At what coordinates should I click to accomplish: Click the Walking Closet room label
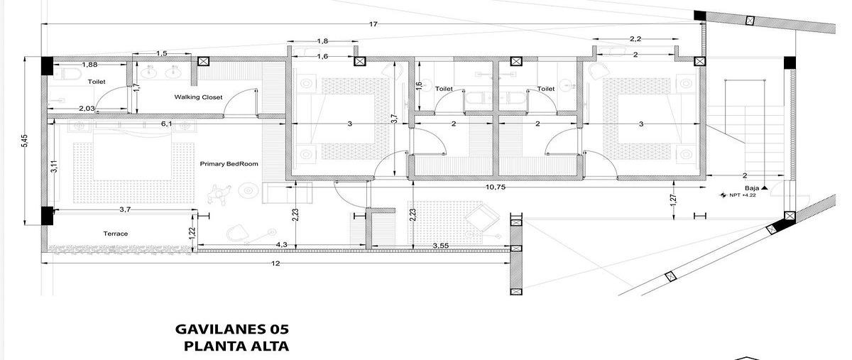pos(198,97)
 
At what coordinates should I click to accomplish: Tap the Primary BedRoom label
pos(229,164)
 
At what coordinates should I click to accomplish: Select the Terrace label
pos(116,234)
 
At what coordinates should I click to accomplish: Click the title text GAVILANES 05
pos(232,329)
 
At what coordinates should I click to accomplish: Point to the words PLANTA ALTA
pos(236,347)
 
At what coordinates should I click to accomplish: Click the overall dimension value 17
pos(373,24)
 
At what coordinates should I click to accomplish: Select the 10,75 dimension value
pos(496,187)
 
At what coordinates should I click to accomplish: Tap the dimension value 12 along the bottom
pos(275,263)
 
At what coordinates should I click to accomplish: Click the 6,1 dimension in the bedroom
pos(166,124)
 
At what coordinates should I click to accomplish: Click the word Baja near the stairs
pos(752,188)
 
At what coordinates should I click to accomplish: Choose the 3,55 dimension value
pos(440,246)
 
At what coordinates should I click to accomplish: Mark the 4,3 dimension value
pos(281,245)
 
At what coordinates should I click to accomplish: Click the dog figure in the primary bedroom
pos(219,194)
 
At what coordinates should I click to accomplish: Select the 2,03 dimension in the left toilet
pos(87,109)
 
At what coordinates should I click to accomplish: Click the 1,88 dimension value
pos(89,65)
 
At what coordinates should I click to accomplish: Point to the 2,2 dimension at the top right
pos(635,39)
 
